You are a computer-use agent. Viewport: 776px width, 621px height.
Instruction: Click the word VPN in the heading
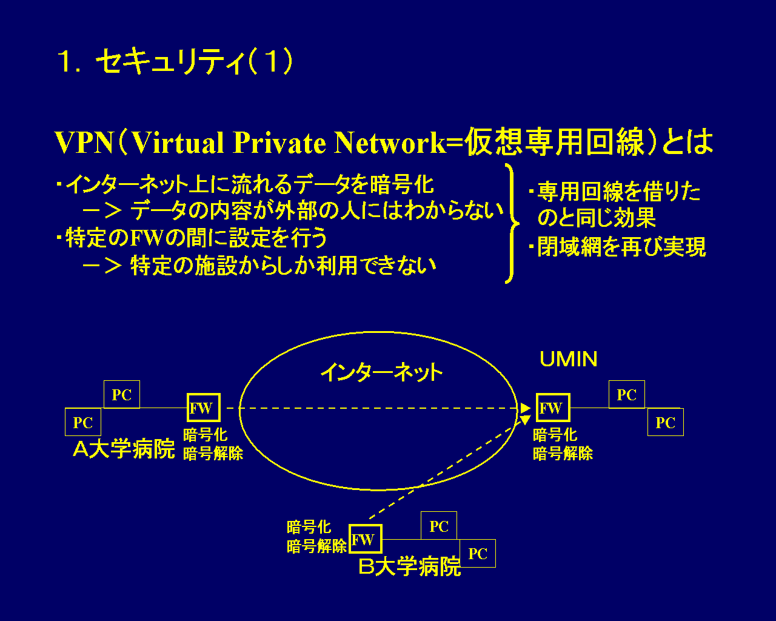coord(84,143)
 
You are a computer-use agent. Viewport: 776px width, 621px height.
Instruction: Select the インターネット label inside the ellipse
coord(381,372)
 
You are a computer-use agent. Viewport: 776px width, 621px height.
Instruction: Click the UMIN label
coord(568,360)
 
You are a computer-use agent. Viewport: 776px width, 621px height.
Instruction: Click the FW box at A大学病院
coord(202,408)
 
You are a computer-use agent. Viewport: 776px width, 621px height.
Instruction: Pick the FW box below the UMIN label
coord(552,408)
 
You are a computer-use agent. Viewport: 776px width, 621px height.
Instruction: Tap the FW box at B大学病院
coord(365,539)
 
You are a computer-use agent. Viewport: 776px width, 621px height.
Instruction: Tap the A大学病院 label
coord(124,450)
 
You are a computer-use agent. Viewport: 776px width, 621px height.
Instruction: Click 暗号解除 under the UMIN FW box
coord(563,454)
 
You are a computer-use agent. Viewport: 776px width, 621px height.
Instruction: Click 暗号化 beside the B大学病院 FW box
coord(309,528)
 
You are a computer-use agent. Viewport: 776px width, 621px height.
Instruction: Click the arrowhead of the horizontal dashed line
coord(526,408)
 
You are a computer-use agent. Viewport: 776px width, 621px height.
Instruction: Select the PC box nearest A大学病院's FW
coord(122,395)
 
